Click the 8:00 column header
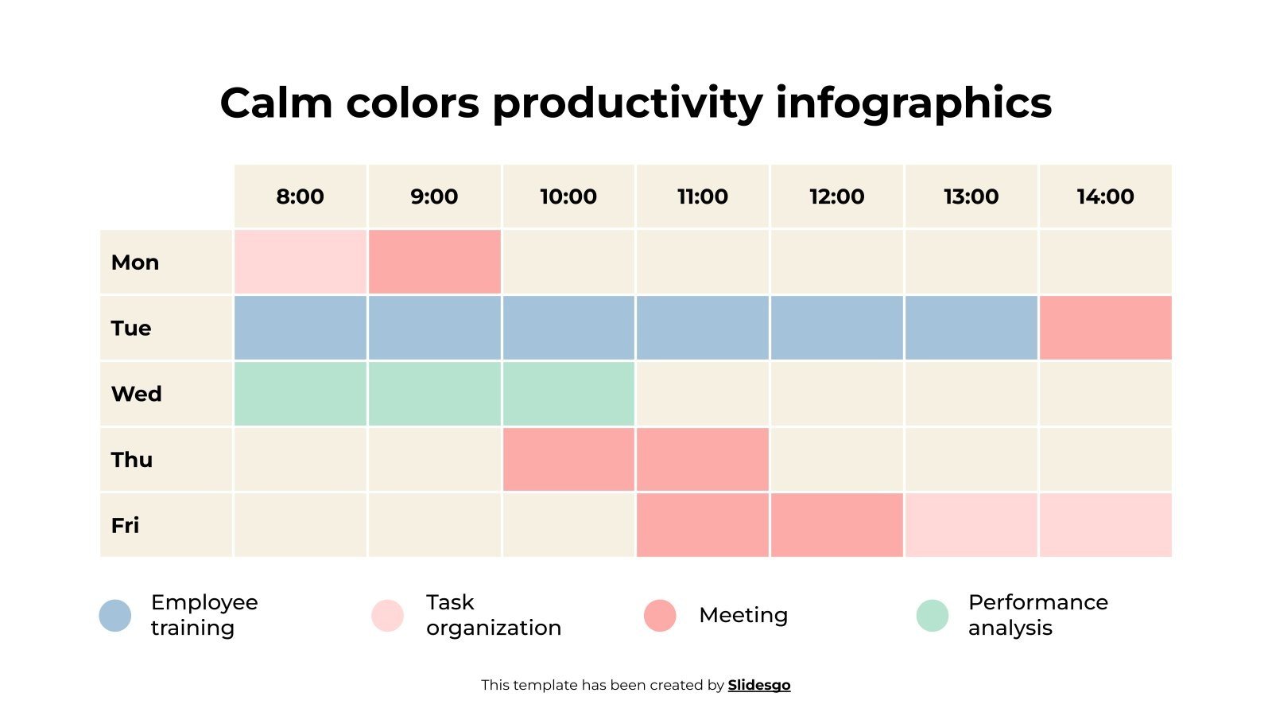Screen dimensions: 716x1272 tap(300, 197)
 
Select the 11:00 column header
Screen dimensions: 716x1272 tap(702, 197)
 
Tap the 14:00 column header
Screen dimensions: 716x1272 tap(1105, 197)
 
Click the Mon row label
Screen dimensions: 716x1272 tap(135, 263)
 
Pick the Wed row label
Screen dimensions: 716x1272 tap(137, 394)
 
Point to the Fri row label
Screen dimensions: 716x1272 tap(126, 525)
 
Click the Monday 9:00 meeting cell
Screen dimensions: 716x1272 tap(434, 262)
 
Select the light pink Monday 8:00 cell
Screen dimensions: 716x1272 tap(300, 262)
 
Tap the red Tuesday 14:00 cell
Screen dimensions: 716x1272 tap(1105, 328)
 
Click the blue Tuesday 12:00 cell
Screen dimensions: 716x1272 tap(836, 328)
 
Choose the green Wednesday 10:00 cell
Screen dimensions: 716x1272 tap(568, 394)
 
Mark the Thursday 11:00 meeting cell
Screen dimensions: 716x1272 tap(702, 459)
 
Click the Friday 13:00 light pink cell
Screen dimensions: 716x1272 tap(971, 525)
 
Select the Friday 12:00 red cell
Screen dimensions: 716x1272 tap(836, 525)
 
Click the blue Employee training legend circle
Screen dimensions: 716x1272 tap(115, 616)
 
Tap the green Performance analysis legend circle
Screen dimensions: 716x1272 tap(933, 616)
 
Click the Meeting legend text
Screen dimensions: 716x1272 tap(743, 615)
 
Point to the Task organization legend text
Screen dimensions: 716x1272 tap(493, 615)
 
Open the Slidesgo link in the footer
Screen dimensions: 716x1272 tap(758, 685)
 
